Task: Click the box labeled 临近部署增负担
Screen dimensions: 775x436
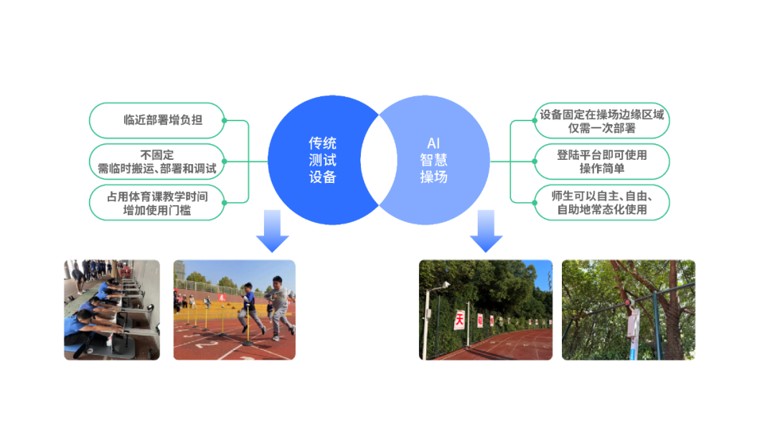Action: coord(157,120)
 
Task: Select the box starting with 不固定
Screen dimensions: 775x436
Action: coord(157,161)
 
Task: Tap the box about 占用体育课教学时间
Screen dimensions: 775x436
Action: coord(157,202)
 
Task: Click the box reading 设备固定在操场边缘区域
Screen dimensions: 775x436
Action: coord(601,120)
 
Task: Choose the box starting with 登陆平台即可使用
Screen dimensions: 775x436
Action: coord(601,161)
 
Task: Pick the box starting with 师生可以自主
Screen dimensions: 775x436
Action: coord(601,202)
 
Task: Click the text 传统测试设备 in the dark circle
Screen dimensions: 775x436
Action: coord(322,160)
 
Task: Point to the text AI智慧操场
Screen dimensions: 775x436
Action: coord(433,160)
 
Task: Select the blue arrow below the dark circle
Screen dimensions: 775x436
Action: coord(273,231)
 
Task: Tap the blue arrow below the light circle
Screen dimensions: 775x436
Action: coord(486,231)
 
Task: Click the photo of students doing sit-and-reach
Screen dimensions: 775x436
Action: coord(112,309)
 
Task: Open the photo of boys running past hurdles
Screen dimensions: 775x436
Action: coord(234,309)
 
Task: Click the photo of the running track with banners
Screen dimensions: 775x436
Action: coord(486,309)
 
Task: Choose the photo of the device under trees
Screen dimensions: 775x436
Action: coord(628,309)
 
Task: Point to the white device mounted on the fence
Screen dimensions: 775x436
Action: coord(634,324)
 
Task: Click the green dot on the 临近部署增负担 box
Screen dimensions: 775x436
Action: coord(225,120)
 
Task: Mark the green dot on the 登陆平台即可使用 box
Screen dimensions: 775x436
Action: coord(535,161)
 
